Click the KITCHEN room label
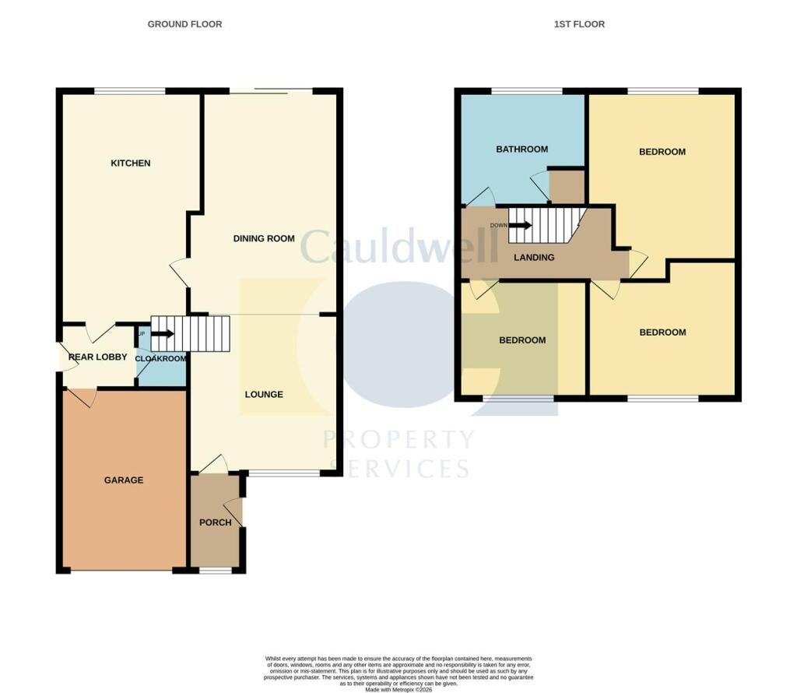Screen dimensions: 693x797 [130, 164]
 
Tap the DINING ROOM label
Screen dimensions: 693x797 [264, 238]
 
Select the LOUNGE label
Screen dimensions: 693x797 [264, 395]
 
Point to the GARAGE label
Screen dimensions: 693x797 [124, 480]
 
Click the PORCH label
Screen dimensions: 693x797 [215, 522]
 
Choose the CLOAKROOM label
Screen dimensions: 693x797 [161, 359]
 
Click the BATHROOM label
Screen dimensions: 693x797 [521, 150]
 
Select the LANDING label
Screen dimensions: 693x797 [534, 258]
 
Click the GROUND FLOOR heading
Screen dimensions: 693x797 [184, 24]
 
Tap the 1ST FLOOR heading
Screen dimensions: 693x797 [579, 24]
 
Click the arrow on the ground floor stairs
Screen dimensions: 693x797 [163, 334]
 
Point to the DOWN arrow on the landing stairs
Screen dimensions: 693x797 [521, 226]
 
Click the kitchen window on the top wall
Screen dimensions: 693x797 [130, 91]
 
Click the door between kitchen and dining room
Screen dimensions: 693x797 [179, 273]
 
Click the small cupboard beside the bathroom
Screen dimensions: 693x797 [567, 187]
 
